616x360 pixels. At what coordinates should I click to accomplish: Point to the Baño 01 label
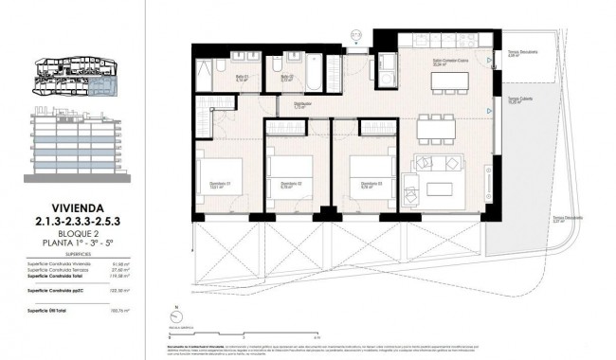tap(242, 79)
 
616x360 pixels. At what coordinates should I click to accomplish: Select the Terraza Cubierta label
tap(518, 99)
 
